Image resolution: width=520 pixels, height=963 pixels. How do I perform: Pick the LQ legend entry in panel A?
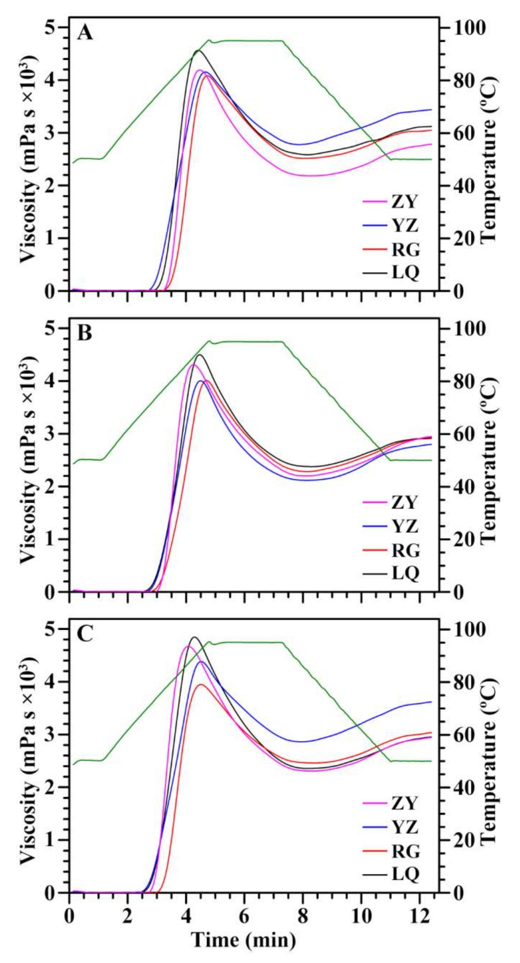(x=405, y=273)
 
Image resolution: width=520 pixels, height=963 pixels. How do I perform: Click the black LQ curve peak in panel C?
(x=194, y=637)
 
